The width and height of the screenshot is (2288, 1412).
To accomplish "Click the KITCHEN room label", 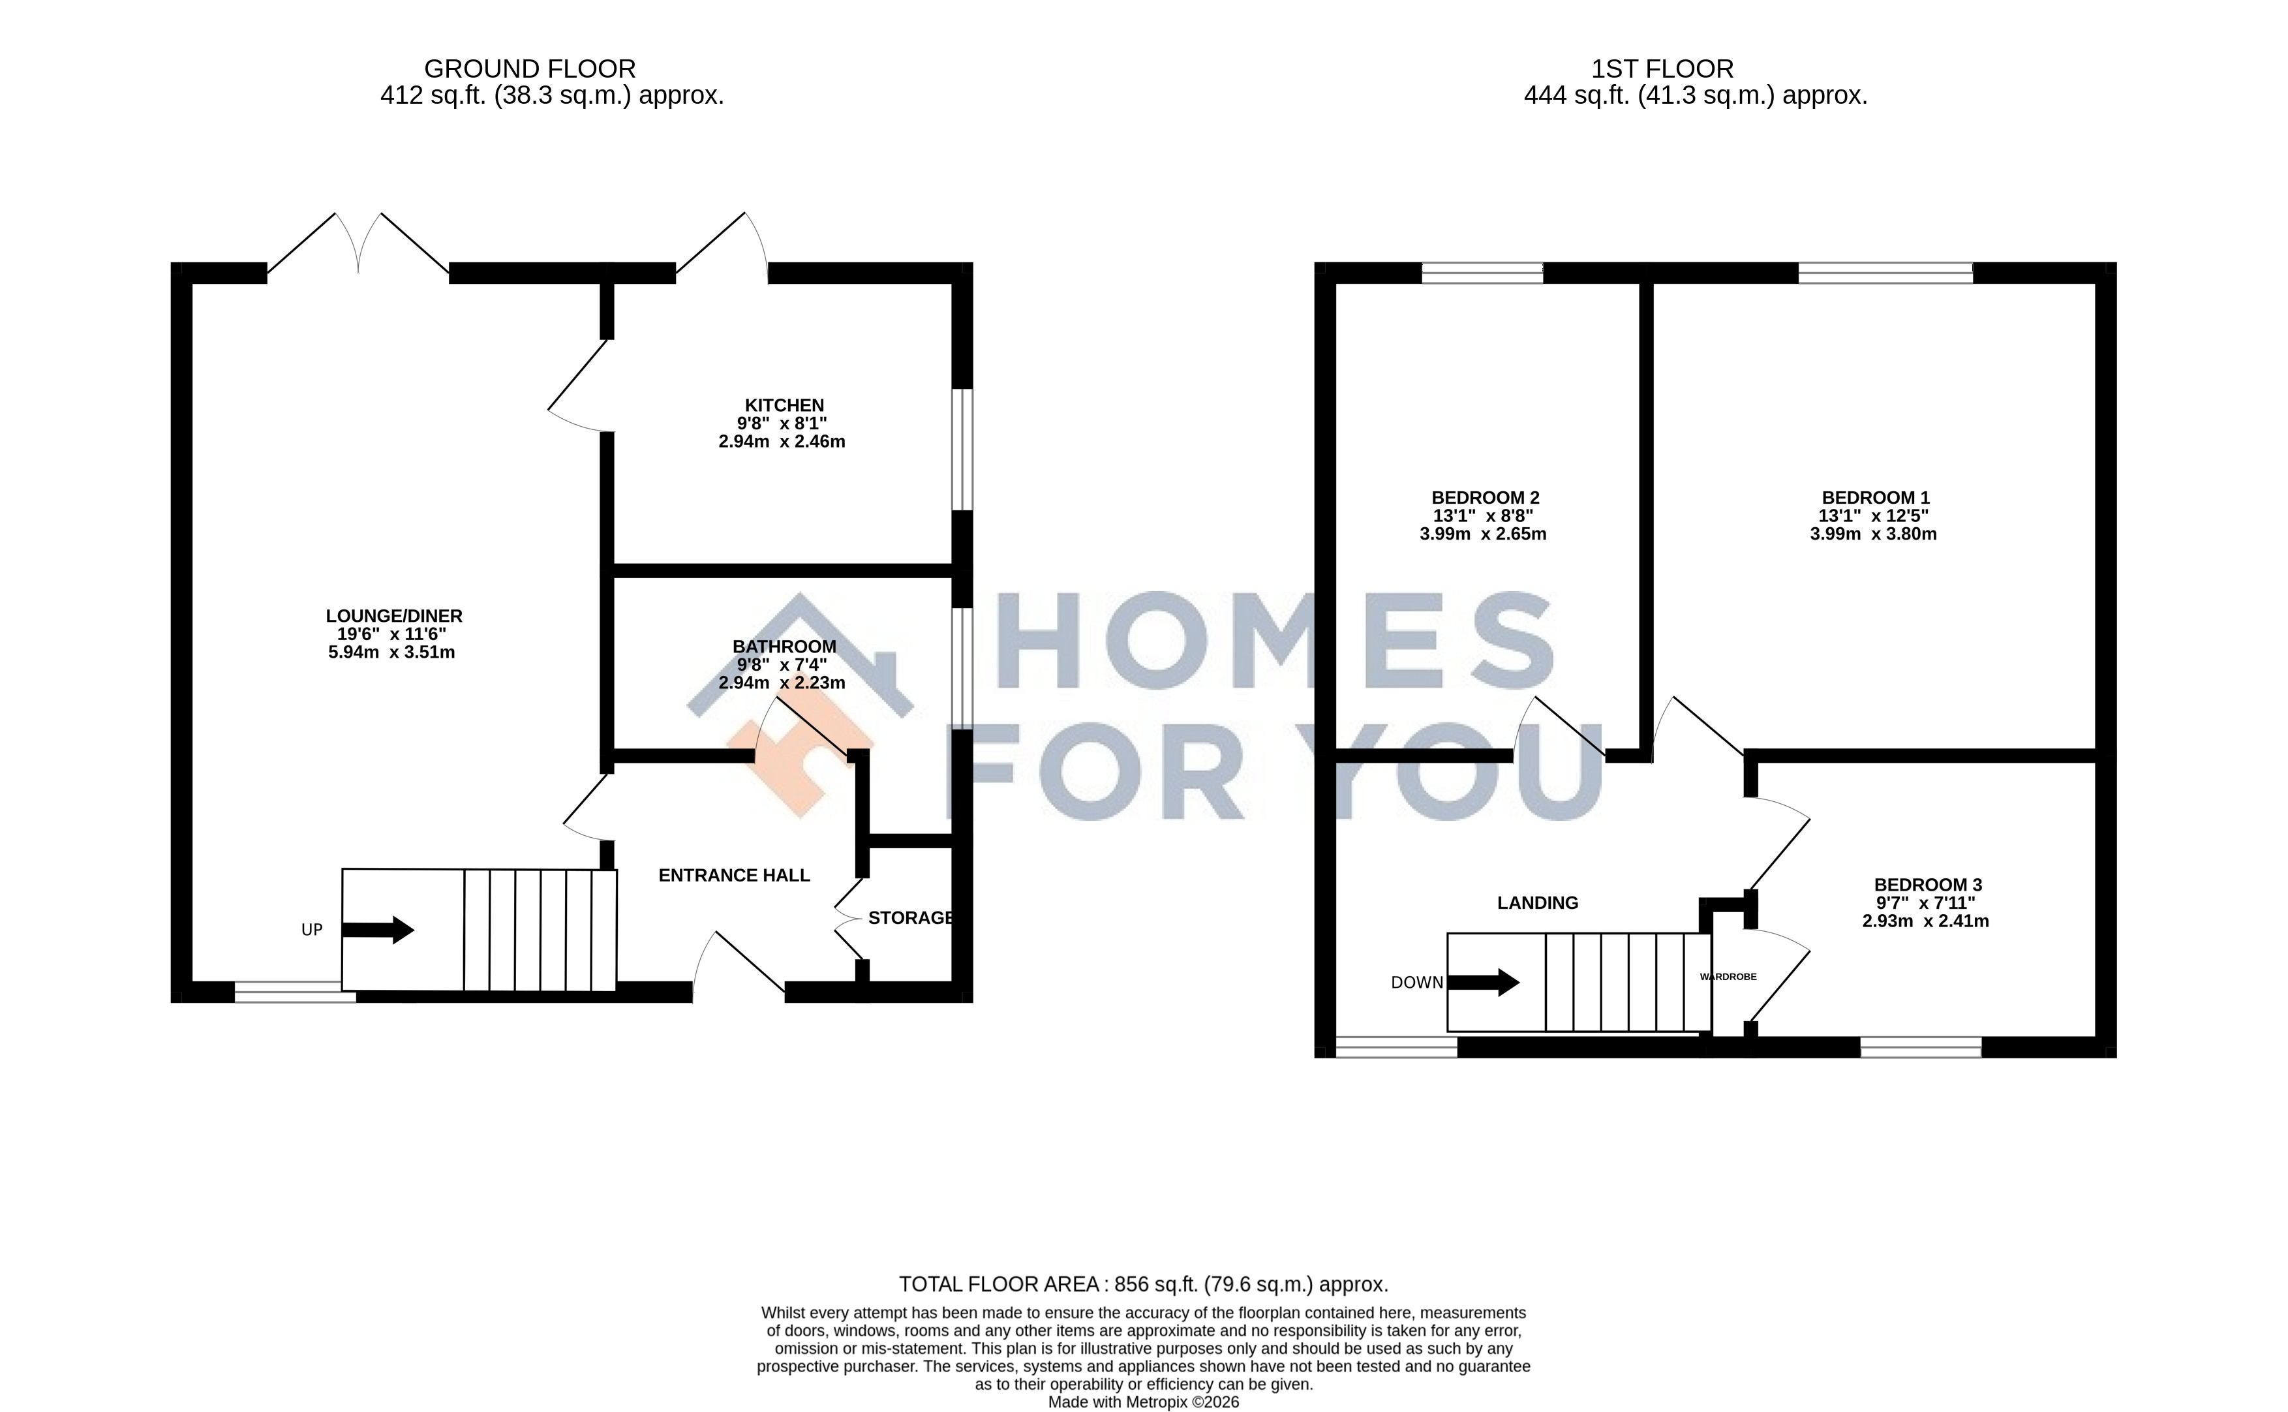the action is [x=784, y=405].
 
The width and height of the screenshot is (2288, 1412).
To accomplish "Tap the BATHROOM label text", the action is [x=784, y=646].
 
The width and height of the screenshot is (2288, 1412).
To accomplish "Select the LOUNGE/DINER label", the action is [x=394, y=617].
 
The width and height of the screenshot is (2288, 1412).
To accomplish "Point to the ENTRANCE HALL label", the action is [x=734, y=875].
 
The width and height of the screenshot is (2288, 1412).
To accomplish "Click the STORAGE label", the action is [x=910, y=918].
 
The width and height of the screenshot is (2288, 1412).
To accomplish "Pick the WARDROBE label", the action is [x=1728, y=977].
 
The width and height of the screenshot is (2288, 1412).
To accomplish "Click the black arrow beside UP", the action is [x=378, y=929].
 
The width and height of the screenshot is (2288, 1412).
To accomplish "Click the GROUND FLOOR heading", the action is [x=529, y=69].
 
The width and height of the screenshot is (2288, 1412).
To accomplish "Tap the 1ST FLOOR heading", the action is [x=1662, y=69].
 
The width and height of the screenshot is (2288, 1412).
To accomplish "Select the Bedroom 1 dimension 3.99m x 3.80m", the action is [x=1872, y=534].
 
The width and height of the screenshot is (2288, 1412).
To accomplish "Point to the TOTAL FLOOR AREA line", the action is [x=1144, y=1284].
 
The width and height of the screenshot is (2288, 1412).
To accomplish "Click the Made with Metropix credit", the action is [x=1144, y=1402].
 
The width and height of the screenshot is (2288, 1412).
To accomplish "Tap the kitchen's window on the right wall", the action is [x=962, y=449].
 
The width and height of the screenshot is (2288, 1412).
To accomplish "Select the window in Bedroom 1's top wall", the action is [x=1885, y=273].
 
